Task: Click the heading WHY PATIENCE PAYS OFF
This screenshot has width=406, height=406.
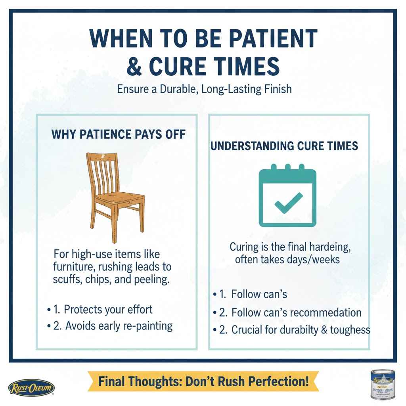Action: coord(119,134)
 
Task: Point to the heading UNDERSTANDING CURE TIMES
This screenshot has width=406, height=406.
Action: coord(284,146)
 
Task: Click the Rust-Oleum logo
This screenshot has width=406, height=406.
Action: coord(31,387)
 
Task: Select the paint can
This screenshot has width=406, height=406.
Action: coord(383,383)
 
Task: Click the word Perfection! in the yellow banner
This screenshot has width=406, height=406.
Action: coord(278,382)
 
